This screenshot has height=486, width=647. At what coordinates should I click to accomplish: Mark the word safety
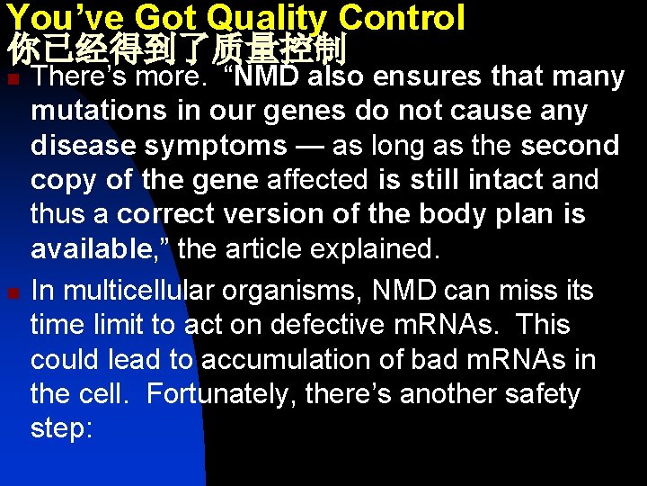(536, 394)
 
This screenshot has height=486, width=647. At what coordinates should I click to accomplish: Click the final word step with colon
(61, 429)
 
